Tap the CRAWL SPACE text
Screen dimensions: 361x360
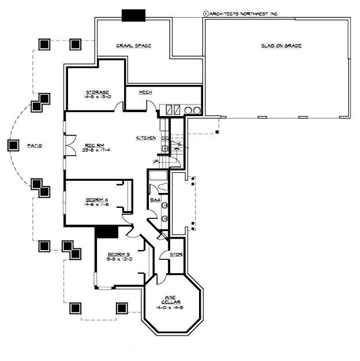click(133, 46)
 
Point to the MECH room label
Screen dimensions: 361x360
click(145, 92)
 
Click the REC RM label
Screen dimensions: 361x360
click(94, 144)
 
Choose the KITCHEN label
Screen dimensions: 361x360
click(145, 138)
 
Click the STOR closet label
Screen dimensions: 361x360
click(177, 255)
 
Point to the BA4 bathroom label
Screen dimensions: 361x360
click(155, 200)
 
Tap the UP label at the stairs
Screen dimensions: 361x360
click(155, 161)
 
